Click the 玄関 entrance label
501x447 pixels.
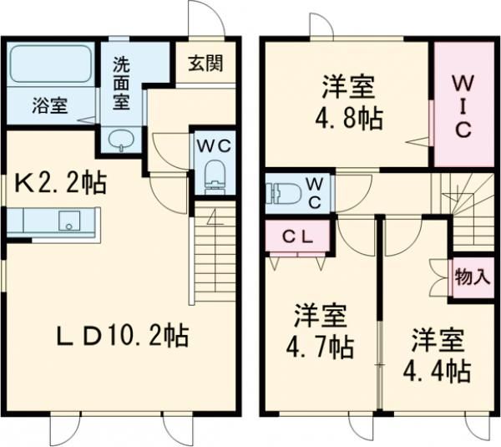[205, 63]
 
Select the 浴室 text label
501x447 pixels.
[50, 105]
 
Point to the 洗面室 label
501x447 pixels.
[121, 84]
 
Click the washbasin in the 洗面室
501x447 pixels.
[121, 140]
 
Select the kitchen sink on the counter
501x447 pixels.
[69, 221]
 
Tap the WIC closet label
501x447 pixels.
[463, 107]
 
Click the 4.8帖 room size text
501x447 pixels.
[348, 118]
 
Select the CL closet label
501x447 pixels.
[296, 237]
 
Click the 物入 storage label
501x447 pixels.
[473, 277]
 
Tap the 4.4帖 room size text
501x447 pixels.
[437, 371]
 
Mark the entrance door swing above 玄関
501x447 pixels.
[207, 19]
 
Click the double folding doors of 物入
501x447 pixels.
[439, 277]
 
